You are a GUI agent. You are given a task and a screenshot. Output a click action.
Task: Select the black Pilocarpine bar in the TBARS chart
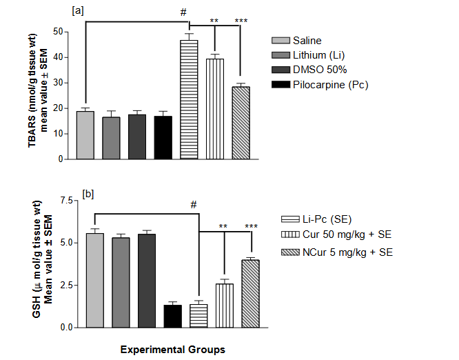(x=163, y=137)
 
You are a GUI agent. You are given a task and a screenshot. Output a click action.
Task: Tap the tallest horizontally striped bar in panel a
(x=189, y=99)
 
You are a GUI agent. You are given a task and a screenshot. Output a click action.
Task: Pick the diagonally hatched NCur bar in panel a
(x=241, y=122)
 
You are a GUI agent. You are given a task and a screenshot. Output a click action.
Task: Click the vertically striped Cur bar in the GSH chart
(x=224, y=305)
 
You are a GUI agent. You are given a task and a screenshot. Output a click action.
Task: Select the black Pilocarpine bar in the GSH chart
(x=172, y=315)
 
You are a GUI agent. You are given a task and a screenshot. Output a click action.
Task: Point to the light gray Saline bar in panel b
(x=95, y=280)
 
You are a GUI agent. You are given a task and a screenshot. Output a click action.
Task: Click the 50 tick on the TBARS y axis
(x=63, y=32)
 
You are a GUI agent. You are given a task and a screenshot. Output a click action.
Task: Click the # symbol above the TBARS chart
(x=183, y=12)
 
